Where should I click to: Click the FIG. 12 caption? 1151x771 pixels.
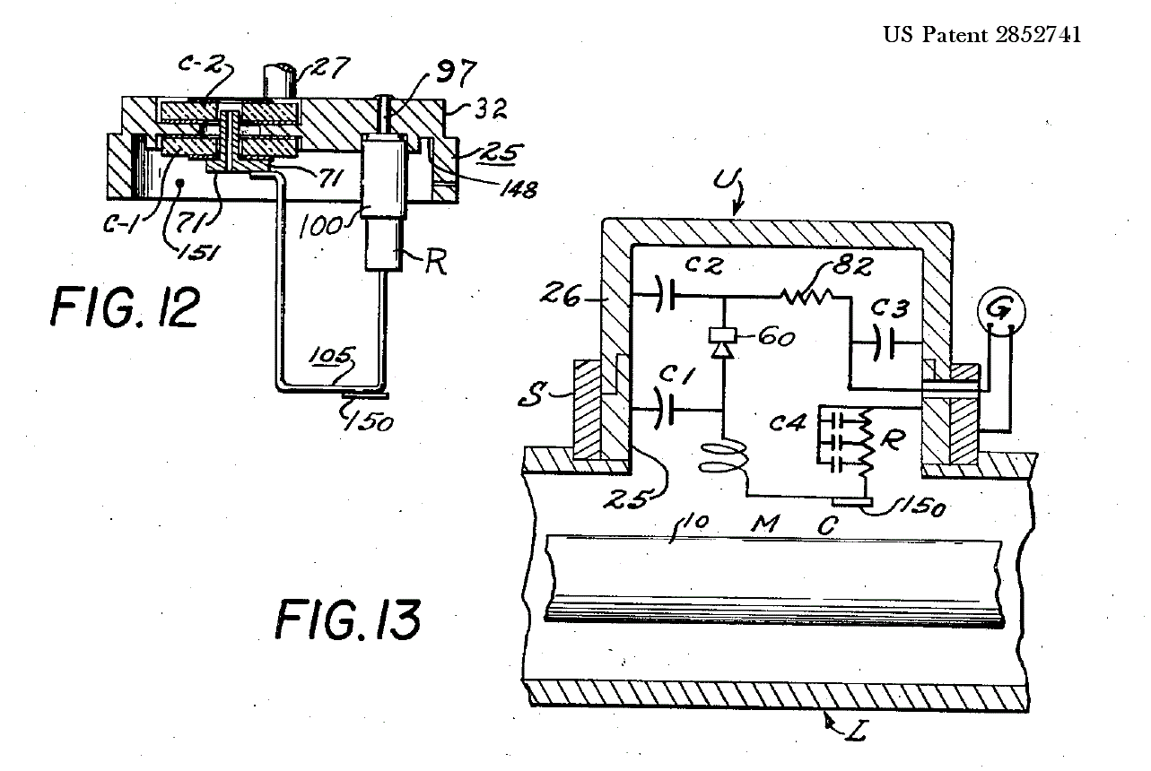click(126, 308)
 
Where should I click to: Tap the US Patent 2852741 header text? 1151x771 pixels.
click(982, 35)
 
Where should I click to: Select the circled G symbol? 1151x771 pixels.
click(1002, 311)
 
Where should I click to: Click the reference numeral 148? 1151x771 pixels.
click(519, 189)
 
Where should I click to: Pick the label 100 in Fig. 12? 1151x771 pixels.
click(320, 226)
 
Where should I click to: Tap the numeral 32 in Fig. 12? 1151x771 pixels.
click(490, 108)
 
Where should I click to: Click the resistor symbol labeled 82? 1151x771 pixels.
click(807, 296)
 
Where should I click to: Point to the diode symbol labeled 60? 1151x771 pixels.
click(723, 342)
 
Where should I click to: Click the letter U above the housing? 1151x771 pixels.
click(724, 181)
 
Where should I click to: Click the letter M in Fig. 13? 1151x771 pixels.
click(765, 524)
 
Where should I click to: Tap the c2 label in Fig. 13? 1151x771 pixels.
click(704, 265)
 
